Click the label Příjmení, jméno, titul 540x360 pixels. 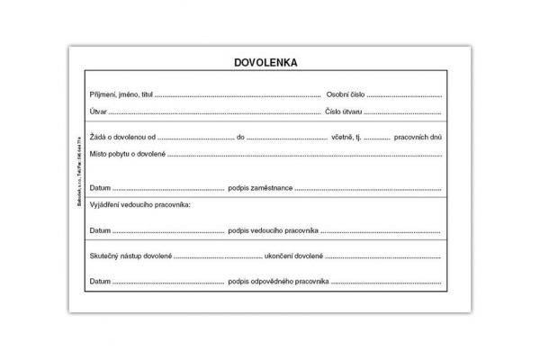pyautogui.click(x=121, y=94)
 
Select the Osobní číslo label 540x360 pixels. pyautogui.click(x=345, y=94)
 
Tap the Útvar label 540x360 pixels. pyautogui.click(x=98, y=112)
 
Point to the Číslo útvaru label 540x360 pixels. pyautogui.click(x=345, y=112)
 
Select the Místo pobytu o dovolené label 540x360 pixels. pyautogui.click(x=128, y=154)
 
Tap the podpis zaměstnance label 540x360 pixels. pyautogui.click(x=261, y=187)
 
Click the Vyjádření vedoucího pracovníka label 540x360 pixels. pyautogui.click(x=140, y=205)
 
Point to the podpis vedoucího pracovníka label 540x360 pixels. pyautogui.click(x=274, y=231)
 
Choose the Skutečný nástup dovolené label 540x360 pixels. pyautogui.click(x=130, y=256)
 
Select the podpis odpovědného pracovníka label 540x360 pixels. pyautogui.click(x=278, y=282)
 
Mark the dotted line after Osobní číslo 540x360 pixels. pyautogui.click(x=404, y=95)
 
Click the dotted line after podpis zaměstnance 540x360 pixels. pyautogui.click(x=369, y=189)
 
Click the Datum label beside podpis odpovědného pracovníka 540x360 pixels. pyautogui.click(x=100, y=282)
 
